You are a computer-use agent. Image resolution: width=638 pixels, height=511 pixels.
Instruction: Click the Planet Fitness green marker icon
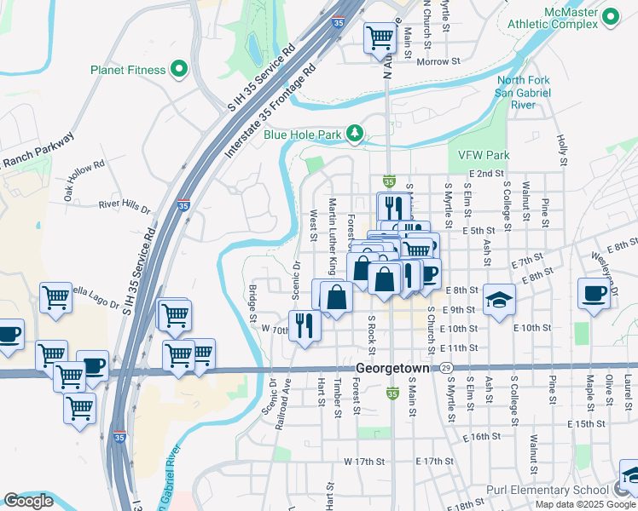click(179, 70)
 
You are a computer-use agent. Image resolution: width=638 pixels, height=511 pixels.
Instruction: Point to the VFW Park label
click(483, 155)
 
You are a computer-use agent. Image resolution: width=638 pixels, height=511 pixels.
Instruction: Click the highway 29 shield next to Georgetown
click(446, 368)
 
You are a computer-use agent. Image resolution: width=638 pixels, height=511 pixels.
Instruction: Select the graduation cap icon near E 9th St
click(499, 300)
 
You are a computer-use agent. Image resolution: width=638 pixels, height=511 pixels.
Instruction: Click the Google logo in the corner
click(28, 501)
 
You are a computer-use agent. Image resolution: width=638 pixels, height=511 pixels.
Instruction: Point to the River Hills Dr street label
click(125, 206)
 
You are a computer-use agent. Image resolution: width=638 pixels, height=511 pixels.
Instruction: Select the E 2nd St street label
click(486, 173)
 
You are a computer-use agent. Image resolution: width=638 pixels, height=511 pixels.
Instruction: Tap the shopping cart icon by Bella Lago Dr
click(55, 299)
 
